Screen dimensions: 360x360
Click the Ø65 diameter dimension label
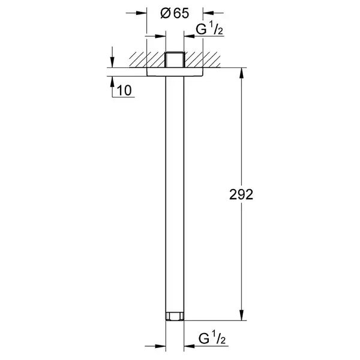(x=175, y=13)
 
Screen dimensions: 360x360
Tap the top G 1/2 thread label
(x=209, y=29)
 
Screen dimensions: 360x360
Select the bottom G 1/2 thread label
(x=212, y=338)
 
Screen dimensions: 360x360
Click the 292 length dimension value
(x=241, y=194)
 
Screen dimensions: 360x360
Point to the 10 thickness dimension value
(x=124, y=91)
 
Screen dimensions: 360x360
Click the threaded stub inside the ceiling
(x=175, y=59)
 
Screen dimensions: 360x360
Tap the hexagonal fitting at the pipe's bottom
(x=175, y=316)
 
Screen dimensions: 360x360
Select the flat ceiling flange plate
(x=175, y=72)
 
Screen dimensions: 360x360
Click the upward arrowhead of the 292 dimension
(x=241, y=73)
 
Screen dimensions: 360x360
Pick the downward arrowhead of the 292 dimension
(x=241, y=315)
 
